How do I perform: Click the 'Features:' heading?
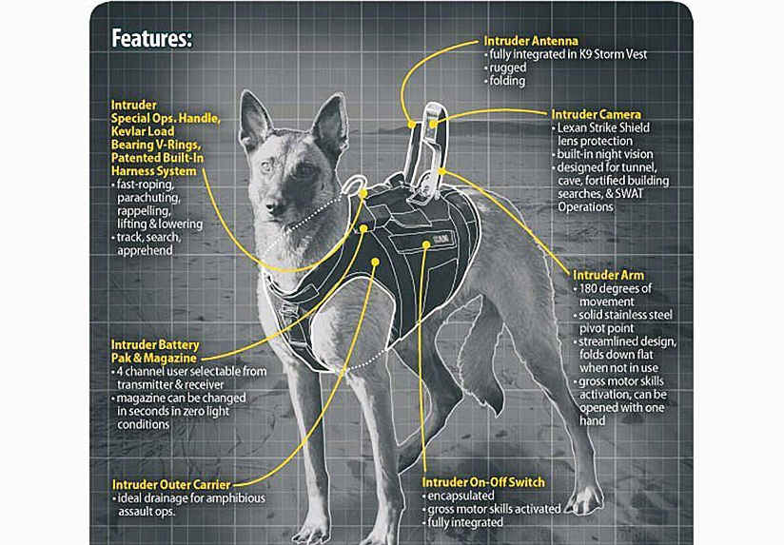(x=151, y=38)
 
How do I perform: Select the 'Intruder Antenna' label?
(x=531, y=41)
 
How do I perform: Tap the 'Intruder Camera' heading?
(x=596, y=114)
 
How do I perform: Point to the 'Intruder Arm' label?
(x=609, y=275)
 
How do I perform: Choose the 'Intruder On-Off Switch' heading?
(x=483, y=482)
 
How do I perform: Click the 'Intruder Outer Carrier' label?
(x=171, y=485)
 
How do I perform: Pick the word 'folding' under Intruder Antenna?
(x=507, y=81)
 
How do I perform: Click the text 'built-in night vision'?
(x=605, y=154)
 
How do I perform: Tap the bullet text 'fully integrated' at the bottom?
(x=465, y=522)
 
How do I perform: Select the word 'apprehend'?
(x=145, y=250)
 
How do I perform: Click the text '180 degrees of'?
(x=616, y=288)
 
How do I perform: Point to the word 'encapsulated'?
(x=461, y=496)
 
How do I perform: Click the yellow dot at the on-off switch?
(x=426, y=245)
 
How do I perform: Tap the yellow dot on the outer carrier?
(x=376, y=262)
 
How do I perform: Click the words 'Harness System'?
(x=153, y=171)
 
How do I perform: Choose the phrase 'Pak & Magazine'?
(x=154, y=359)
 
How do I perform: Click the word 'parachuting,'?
(x=148, y=198)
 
